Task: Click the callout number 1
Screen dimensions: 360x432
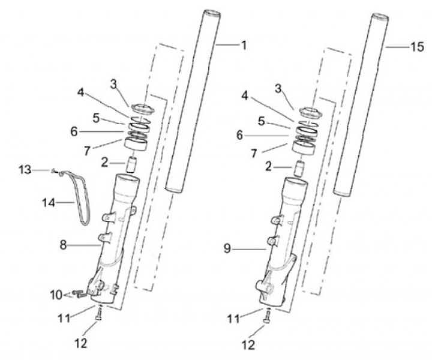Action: point(244,44)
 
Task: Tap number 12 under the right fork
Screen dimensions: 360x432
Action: point(247,345)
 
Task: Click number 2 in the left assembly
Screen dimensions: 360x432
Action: point(104,161)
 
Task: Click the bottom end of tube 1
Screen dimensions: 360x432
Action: point(173,190)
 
